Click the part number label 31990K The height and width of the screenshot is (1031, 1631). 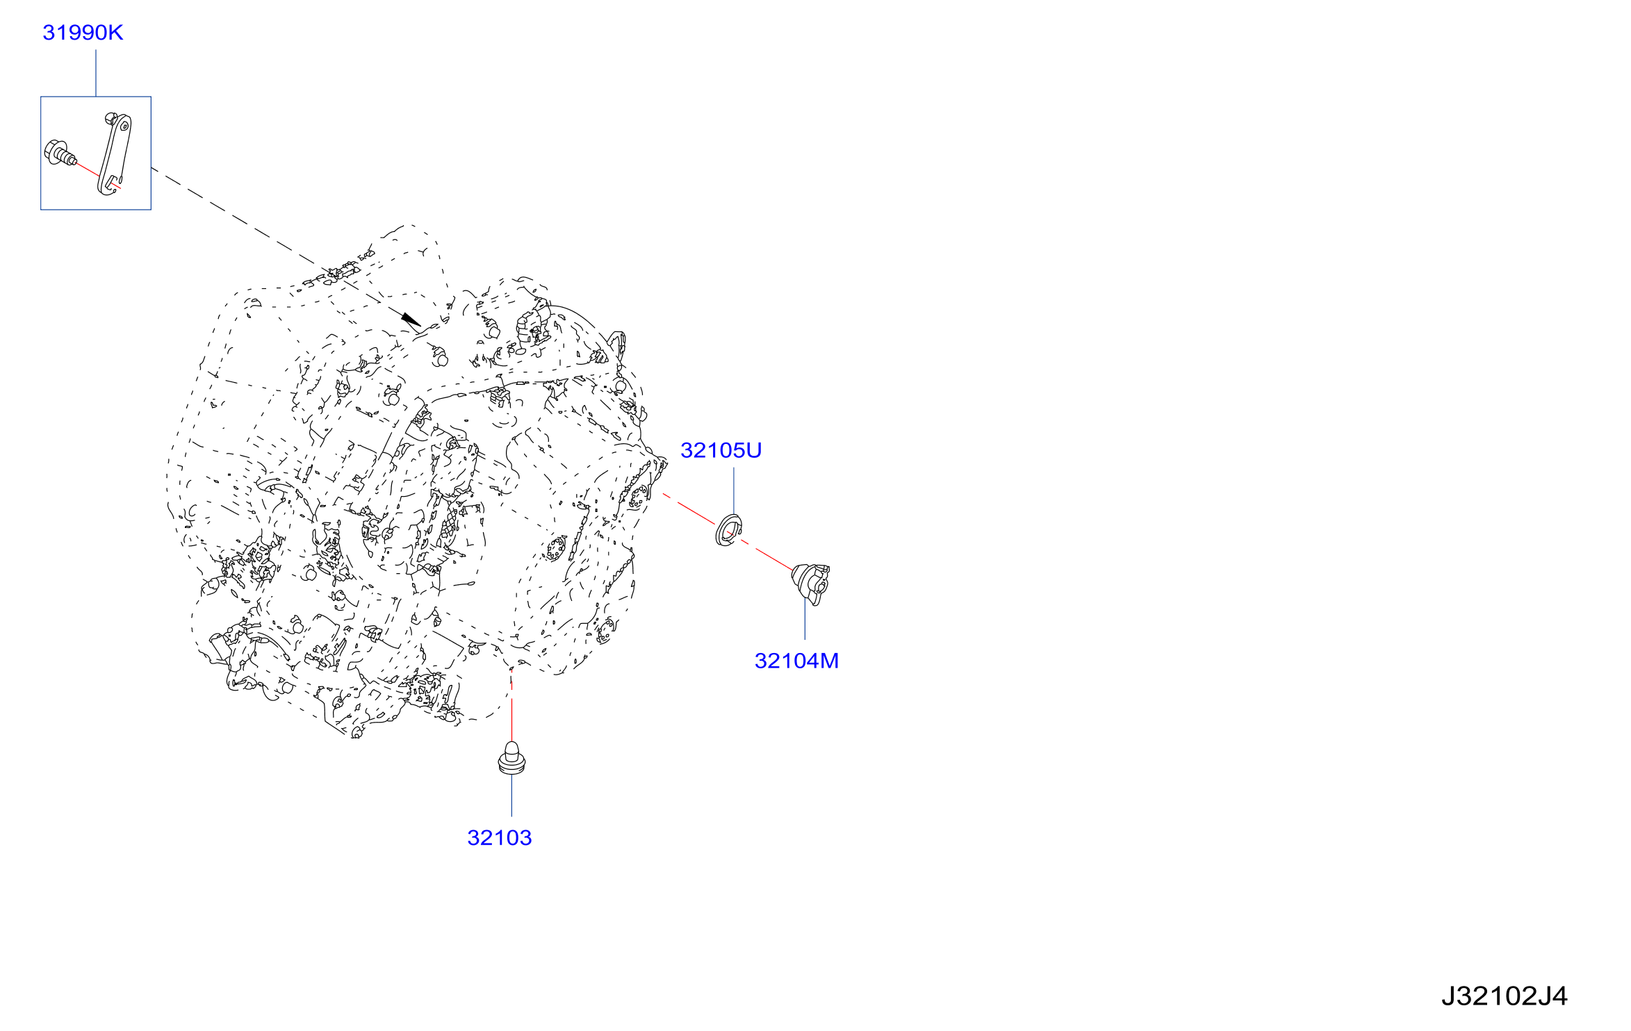tap(83, 33)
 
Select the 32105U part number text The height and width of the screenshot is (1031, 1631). tap(721, 450)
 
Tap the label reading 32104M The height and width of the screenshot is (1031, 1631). tap(796, 661)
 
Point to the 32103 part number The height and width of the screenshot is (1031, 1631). tap(500, 838)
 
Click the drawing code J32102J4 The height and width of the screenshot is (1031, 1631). tap(1504, 996)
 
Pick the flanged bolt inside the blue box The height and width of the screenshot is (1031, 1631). tap(60, 154)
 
